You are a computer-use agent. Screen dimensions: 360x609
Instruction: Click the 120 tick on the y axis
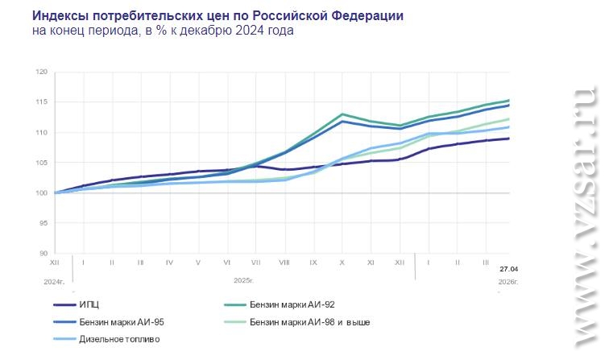click(42, 72)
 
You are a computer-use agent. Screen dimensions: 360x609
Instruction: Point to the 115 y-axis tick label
click(42, 102)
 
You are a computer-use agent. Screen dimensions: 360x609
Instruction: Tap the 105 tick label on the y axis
click(42, 163)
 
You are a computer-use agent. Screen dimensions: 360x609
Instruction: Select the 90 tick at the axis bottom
click(43, 253)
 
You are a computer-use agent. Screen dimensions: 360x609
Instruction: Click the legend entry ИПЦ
click(89, 305)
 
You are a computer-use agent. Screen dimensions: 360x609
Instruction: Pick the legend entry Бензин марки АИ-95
click(122, 322)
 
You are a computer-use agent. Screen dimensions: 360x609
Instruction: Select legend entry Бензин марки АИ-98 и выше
click(309, 322)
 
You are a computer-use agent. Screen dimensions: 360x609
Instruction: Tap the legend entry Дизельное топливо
click(119, 339)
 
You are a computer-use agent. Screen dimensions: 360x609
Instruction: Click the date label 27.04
click(508, 269)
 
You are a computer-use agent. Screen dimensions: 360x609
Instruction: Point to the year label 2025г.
click(244, 281)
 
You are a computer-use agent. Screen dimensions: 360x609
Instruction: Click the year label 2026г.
click(507, 281)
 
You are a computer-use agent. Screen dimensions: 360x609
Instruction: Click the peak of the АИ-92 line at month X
click(342, 114)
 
